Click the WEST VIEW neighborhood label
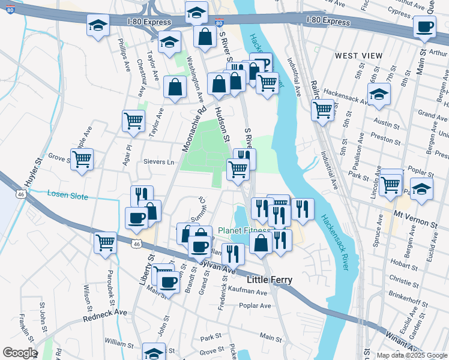tap(358, 56)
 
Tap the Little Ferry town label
tap(270, 280)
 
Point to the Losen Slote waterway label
tap(67, 196)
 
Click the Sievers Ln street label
tap(158, 162)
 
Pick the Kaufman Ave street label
tap(247, 292)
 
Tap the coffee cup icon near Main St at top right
tap(425, 27)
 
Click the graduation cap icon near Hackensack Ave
tap(379, 94)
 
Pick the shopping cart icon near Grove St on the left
tap(82, 159)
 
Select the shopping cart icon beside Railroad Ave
tap(323, 110)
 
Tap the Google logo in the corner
tap(19, 353)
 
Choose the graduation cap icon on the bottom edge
tap(154, 353)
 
